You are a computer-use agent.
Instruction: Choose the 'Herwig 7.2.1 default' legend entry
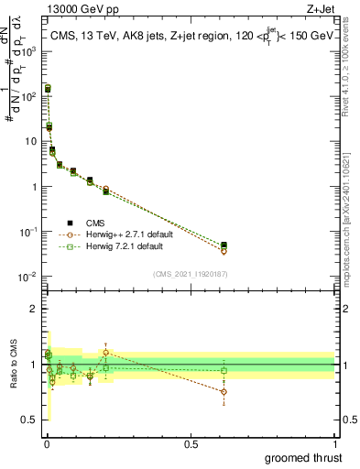pyautogui.click(x=130, y=247)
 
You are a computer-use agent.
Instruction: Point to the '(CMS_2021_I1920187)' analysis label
pyautogui.click(x=190, y=274)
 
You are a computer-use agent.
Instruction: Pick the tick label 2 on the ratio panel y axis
pyautogui.click(x=34, y=309)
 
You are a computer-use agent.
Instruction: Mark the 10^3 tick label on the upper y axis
pyautogui.click(x=31, y=51)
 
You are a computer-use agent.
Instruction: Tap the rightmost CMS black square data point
pyautogui.click(x=224, y=245)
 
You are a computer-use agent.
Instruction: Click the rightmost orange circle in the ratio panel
pyautogui.click(x=224, y=391)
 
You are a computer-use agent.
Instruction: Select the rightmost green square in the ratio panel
pyautogui.click(x=224, y=371)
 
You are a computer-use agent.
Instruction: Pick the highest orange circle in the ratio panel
pyautogui.click(x=106, y=352)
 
